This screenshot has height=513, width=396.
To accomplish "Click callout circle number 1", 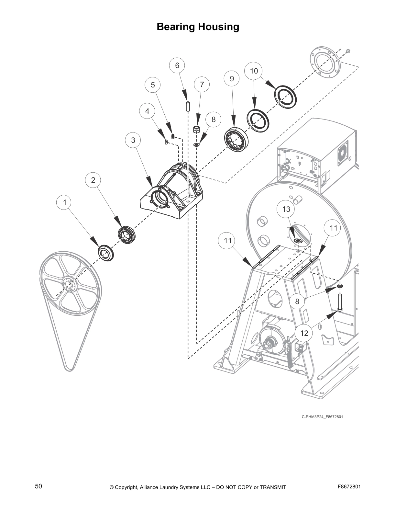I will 65,203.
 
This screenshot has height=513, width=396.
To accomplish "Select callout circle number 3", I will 133,140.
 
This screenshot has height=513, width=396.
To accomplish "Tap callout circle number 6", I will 177,65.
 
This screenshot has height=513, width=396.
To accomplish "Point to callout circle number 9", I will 232,79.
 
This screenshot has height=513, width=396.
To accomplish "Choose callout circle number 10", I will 254,71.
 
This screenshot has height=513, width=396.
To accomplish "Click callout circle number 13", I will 286,209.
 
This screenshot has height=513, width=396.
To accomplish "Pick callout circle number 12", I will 304,333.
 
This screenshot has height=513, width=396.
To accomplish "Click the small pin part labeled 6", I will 187,106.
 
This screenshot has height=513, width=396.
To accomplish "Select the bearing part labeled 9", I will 236,140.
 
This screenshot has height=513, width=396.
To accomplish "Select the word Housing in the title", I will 217,27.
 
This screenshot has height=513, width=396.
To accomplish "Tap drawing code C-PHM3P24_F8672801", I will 322,416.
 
